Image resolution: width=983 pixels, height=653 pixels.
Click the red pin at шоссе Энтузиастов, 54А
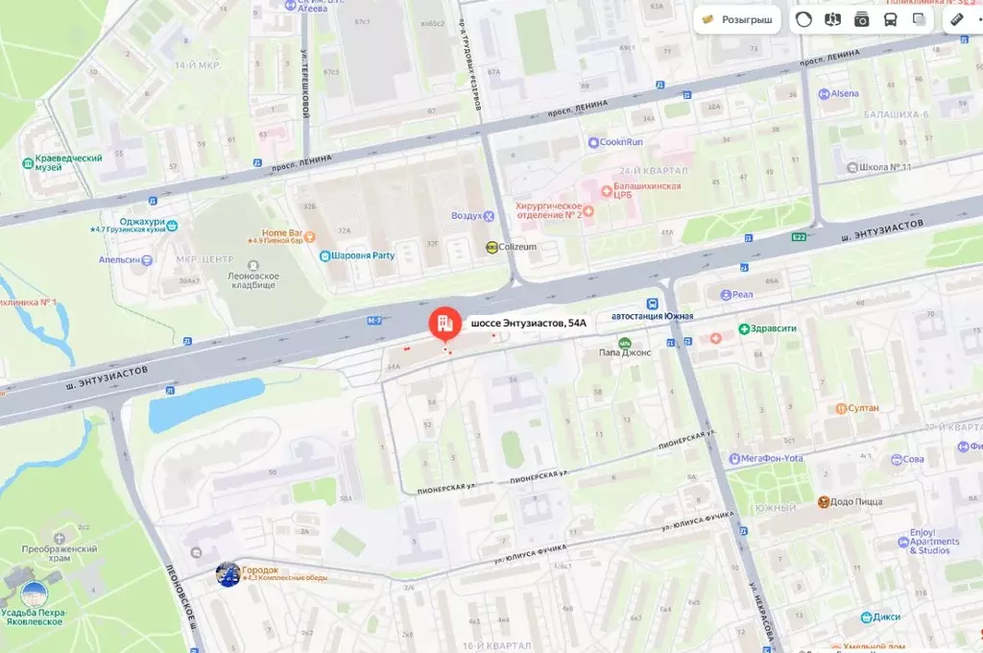pos(444,325)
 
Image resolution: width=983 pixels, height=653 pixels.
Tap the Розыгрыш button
pos(736,19)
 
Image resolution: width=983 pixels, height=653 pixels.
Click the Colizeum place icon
pos(491,247)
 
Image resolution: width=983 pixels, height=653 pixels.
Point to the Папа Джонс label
pos(625,352)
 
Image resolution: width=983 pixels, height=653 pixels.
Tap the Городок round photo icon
pos(228,574)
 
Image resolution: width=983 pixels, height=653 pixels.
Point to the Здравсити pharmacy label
pos(774,328)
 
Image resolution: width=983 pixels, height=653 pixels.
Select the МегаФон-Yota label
pos(772,458)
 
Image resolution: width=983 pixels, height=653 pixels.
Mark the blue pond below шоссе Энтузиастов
pos(205,404)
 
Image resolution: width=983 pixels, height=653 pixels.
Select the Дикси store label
pos(887,617)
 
